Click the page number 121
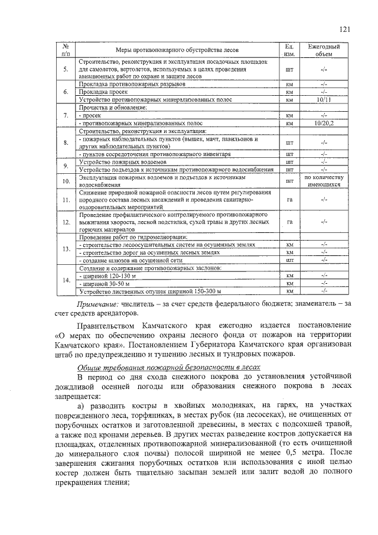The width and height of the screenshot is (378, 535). pyautogui.click(x=345, y=29)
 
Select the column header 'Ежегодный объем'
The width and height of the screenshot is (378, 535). pyautogui.click(x=323, y=50)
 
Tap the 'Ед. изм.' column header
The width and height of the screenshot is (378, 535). pyautogui.click(x=289, y=50)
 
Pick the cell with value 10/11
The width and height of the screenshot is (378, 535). pyautogui.click(x=323, y=99)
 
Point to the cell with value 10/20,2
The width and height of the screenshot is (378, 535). pyautogui.click(x=323, y=124)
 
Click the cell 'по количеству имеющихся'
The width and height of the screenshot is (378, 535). pyautogui.click(x=323, y=181)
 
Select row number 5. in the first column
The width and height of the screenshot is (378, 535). pyautogui.click(x=66, y=70)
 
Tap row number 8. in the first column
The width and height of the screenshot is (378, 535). pyautogui.click(x=66, y=143)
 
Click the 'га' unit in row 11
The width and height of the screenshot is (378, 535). pyautogui.click(x=289, y=200)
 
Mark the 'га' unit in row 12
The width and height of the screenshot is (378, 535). pyautogui.click(x=289, y=222)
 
